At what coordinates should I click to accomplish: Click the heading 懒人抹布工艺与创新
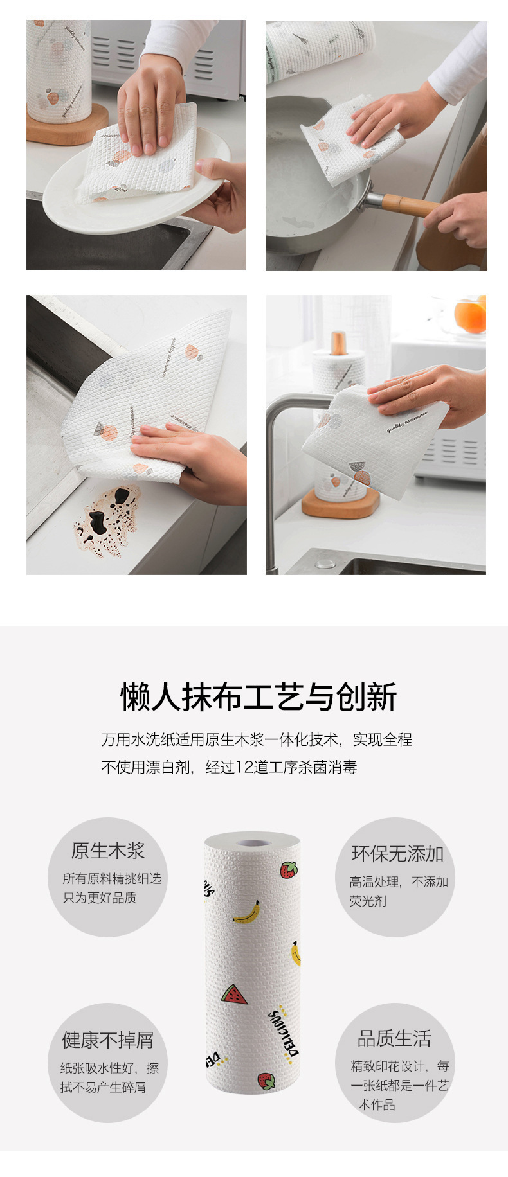click(x=259, y=697)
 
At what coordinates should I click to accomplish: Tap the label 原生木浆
click(x=107, y=851)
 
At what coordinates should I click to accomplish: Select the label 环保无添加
click(x=397, y=854)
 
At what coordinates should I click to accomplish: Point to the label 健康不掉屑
click(x=107, y=1039)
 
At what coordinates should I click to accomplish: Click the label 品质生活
click(x=394, y=1038)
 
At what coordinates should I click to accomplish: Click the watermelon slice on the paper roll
click(x=234, y=995)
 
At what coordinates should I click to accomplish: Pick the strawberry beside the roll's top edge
click(x=289, y=870)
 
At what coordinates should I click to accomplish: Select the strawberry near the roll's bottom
click(x=266, y=1081)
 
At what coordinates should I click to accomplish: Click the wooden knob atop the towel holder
click(x=339, y=342)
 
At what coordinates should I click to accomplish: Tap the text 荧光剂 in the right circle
click(x=368, y=901)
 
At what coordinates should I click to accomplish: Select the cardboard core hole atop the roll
click(x=253, y=842)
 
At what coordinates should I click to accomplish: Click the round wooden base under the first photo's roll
click(x=68, y=128)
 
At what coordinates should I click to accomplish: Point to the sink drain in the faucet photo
click(x=325, y=563)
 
